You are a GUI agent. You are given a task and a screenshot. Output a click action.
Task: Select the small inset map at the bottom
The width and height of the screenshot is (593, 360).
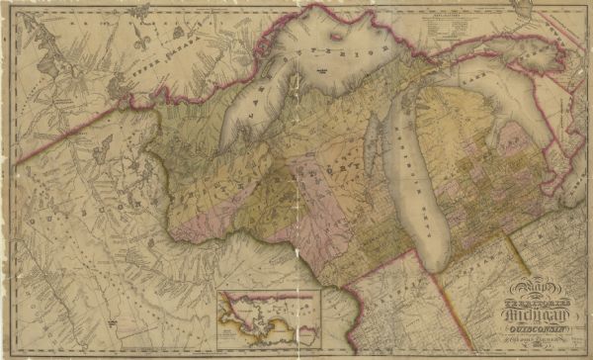pyautogui.click(x=270, y=315)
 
